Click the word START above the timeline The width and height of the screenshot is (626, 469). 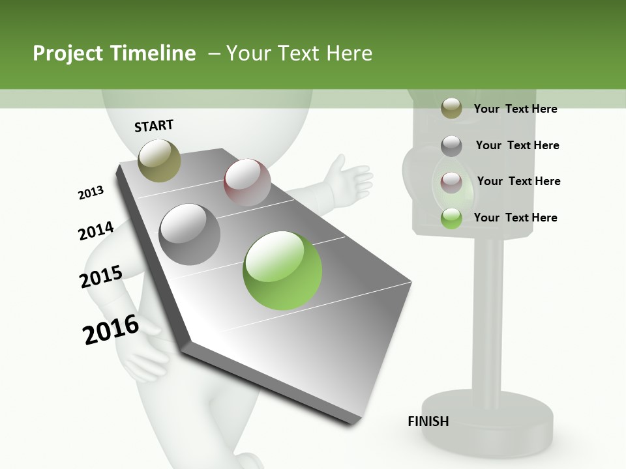154,126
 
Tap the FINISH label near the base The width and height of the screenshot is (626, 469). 428,421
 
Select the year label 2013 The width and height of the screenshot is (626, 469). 91,193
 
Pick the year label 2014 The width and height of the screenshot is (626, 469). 96,231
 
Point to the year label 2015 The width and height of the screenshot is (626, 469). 100,277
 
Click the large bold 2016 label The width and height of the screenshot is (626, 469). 111,330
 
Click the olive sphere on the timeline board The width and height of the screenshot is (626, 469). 160,160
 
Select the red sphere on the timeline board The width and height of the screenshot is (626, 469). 247,182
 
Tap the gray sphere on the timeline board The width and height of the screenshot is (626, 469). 190,234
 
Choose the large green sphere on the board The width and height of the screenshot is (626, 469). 282,270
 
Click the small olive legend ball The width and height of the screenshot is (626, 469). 451,109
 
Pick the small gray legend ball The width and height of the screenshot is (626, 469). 451,145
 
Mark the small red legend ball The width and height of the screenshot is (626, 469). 451,182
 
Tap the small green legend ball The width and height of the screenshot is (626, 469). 451,218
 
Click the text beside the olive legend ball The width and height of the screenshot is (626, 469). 515,109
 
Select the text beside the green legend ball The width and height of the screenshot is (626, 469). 515,218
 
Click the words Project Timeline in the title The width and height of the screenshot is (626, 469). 114,53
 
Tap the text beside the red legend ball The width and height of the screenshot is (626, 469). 518,181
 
